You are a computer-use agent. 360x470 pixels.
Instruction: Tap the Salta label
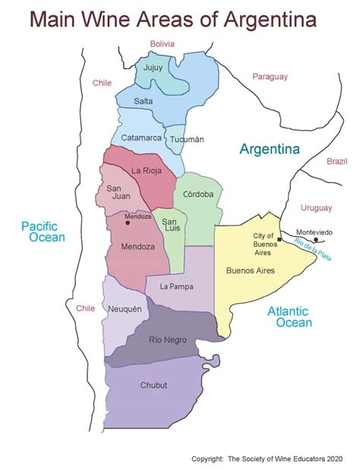(144, 101)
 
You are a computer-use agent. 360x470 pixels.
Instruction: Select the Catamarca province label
(141, 137)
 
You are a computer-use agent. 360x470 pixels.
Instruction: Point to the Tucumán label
(188, 139)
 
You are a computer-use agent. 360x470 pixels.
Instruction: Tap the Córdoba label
(198, 194)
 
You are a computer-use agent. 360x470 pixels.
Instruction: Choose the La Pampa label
(176, 286)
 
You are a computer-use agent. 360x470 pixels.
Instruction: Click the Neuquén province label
(127, 309)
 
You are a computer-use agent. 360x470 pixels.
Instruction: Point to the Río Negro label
(167, 340)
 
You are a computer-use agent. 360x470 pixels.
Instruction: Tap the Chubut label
(153, 385)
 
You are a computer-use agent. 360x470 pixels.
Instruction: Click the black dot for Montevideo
(316, 240)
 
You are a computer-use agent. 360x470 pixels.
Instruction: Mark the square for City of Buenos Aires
(279, 239)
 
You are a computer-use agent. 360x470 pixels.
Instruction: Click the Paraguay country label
(271, 77)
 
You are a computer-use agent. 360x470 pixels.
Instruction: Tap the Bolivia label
(163, 44)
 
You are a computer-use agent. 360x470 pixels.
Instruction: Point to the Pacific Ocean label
(43, 232)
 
